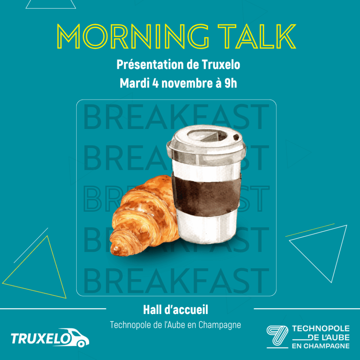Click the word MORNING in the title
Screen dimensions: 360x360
pos(133,37)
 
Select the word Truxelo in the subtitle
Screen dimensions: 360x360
pos(221,65)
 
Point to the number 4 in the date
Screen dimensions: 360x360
pos(155,83)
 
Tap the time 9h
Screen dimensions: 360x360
pos(231,83)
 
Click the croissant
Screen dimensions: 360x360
pos(144,216)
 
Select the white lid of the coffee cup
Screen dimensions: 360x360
pos(206,144)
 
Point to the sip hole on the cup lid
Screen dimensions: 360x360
pos(236,137)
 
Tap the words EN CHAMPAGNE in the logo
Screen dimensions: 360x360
pos(321,346)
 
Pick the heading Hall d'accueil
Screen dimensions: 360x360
pos(176,310)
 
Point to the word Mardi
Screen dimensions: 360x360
pos(135,83)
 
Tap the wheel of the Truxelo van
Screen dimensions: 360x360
pos(81,343)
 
